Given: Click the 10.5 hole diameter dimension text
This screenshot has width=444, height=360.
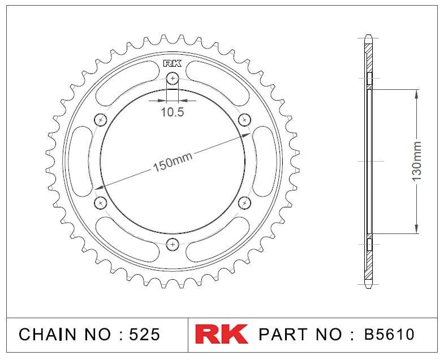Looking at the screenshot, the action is pos(173,112).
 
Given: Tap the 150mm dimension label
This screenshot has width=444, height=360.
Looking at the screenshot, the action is pos(173,162).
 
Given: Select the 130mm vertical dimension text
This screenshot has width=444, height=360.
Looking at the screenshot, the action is pos(416,162).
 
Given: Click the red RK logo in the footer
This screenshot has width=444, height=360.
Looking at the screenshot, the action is pos(221,334).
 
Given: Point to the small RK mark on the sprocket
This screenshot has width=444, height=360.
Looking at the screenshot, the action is pos(172,64).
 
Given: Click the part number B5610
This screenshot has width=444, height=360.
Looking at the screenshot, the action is pos(389,334).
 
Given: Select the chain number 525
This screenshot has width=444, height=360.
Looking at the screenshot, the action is pos(144,334).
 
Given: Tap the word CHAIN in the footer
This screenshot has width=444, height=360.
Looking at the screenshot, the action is pos(48,334).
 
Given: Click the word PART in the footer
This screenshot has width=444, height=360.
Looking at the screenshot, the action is pos(283,334).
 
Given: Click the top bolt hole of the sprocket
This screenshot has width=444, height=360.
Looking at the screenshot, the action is pos(173,78).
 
